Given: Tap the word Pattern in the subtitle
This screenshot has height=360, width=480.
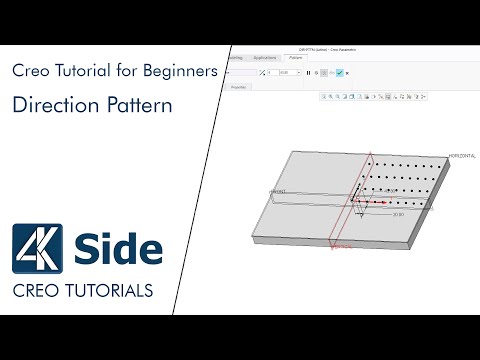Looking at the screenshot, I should (133, 104).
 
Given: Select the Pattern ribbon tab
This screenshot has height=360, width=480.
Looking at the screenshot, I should (296, 59).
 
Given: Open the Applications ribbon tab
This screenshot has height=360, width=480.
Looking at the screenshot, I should (264, 59).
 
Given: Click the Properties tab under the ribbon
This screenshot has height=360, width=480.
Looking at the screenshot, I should (239, 87).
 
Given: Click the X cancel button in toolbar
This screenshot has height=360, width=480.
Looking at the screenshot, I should (347, 73).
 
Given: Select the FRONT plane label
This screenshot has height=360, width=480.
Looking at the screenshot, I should (278, 190).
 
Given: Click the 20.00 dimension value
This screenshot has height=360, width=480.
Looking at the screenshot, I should (398, 214).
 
